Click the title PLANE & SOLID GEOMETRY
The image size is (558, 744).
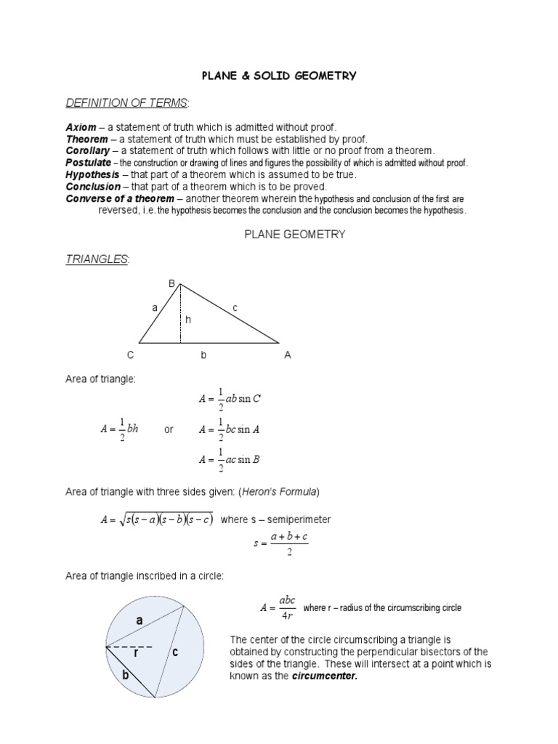[279, 76]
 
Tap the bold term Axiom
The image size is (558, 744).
[81, 127]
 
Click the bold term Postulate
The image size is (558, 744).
[89, 163]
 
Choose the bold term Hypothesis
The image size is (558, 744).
[92, 174]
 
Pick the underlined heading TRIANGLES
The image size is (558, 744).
[96, 259]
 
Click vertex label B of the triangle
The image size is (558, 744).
[172, 283]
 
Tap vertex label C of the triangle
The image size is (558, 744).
[130, 355]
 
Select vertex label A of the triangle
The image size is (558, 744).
[288, 355]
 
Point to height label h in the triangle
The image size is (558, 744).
[188, 319]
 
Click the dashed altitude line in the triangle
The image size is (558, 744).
[180, 320]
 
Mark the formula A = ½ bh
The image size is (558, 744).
[119, 429]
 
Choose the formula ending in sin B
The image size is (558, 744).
[230, 459]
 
